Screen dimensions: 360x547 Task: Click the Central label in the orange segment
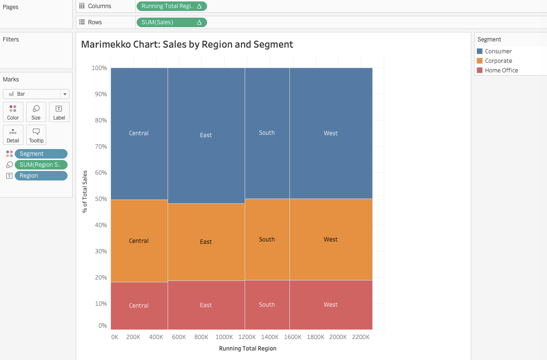point(139,241)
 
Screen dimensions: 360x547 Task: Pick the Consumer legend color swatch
point(480,51)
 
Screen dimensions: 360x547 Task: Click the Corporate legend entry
point(498,61)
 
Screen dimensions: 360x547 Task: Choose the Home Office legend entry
point(501,70)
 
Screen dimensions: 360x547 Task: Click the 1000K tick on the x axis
point(224,337)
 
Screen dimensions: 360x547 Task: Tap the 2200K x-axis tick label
point(361,337)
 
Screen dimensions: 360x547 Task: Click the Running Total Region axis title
point(248,349)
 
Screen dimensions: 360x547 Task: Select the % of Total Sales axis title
point(85,191)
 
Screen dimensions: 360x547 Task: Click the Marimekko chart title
point(187,45)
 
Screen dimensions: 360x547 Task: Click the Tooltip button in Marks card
point(36,135)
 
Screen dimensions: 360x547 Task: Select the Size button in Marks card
point(36,112)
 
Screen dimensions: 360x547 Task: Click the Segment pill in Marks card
point(41,154)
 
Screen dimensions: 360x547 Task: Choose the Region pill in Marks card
point(41,176)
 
